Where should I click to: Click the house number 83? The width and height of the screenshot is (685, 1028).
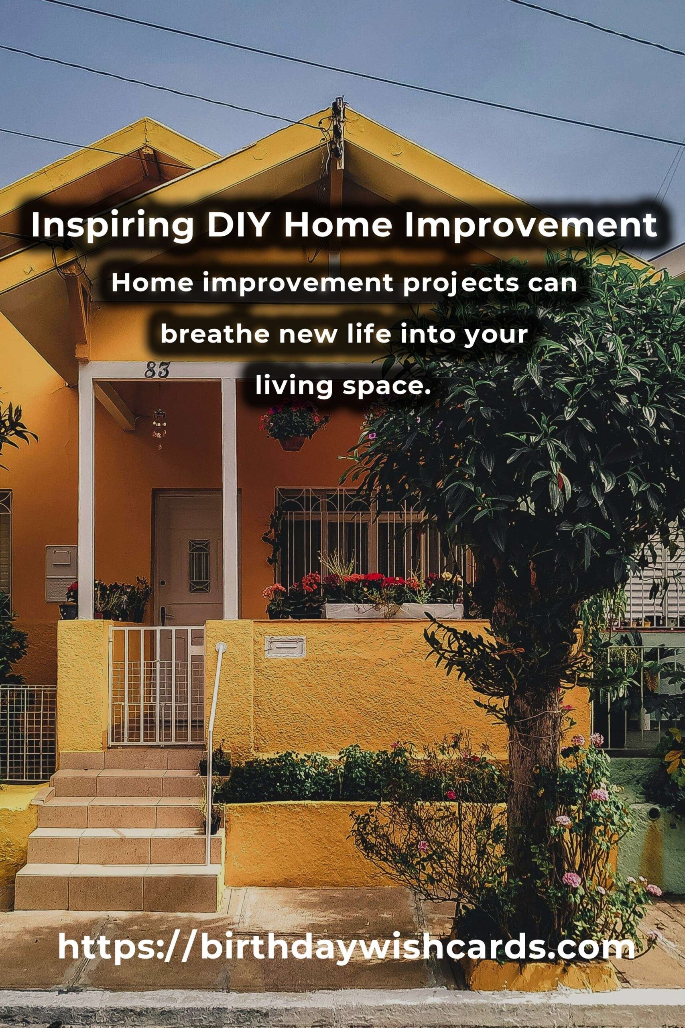(x=157, y=371)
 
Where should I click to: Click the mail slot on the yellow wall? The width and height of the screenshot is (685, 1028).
(x=285, y=647)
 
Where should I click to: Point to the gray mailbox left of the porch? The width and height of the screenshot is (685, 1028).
(x=61, y=573)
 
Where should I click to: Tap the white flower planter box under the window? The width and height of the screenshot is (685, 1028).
(x=393, y=611)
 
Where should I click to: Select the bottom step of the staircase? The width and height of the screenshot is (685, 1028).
(x=118, y=878)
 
